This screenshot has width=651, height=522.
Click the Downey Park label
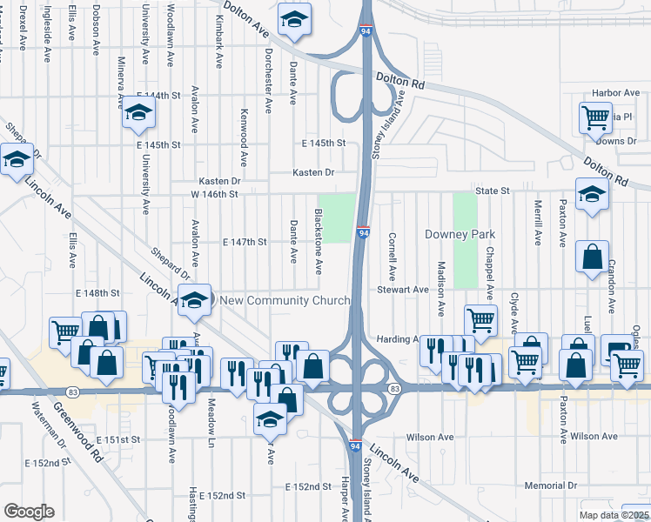pyautogui.click(x=460, y=235)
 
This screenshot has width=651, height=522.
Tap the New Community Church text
pyautogui.click(x=285, y=300)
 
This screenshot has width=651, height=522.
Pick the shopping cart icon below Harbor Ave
pyautogui.click(x=594, y=116)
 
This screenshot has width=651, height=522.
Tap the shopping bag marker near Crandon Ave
pyautogui.click(x=592, y=257)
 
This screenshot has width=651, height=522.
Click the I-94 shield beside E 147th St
pyautogui.click(x=364, y=233)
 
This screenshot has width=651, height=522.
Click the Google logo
pyautogui.click(x=29, y=512)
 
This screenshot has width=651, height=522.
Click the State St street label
pyautogui.click(x=490, y=190)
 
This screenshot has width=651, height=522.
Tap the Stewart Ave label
pyautogui.click(x=403, y=289)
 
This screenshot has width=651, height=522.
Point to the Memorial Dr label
pyautogui.click(x=551, y=485)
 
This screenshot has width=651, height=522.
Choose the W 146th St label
pyautogui.click(x=214, y=195)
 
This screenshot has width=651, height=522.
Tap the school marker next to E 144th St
pyautogui.click(x=138, y=113)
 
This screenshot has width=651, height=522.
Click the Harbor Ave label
pyautogui.click(x=615, y=92)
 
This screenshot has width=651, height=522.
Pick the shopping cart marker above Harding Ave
pyautogui.click(x=480, y=319)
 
